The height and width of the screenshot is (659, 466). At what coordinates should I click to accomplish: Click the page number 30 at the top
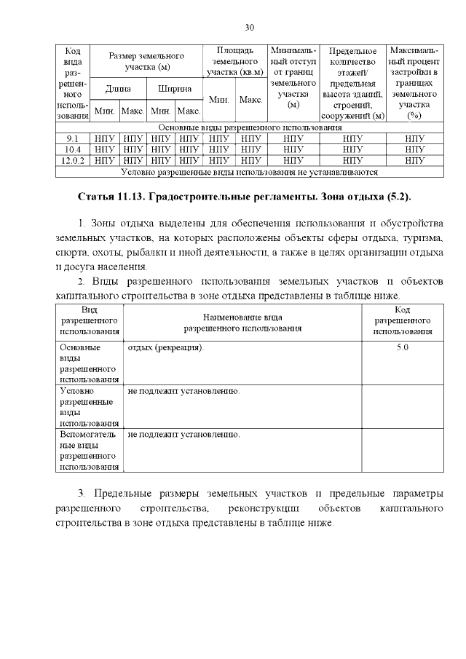(x=249, y=28)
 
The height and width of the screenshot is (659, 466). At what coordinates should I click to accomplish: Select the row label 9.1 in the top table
(x=72, y=138)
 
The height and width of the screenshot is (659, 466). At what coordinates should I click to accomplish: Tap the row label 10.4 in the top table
(x=72, y=149)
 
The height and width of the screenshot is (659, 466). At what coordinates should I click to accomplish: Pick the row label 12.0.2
(x=72, y=160)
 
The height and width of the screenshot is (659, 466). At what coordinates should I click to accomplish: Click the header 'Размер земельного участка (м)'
(x=146, y=61)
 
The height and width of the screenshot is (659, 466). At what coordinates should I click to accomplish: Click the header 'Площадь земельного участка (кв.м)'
(x=235, y=61)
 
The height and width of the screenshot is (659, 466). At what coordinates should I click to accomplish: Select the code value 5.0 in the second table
(x=402, y=347)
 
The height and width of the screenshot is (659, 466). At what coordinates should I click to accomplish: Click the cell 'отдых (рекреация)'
(x=166, y=347)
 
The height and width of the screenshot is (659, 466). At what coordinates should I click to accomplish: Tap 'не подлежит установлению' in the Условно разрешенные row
(x=183, y=391)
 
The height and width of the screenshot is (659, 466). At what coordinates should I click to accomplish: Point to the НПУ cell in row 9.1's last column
(x=414, y=138)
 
